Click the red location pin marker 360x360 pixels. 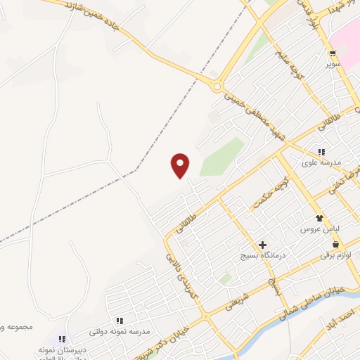click(180, 165)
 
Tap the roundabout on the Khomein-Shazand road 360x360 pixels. click(217, 86)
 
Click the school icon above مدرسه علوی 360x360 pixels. click(321, 152)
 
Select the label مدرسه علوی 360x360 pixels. click(321, 162)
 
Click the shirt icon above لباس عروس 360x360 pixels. click(320, 219)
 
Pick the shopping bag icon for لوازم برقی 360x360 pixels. click(337, 244)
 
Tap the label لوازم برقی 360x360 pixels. click(334, 255)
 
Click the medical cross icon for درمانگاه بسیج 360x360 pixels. click(262, 245)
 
